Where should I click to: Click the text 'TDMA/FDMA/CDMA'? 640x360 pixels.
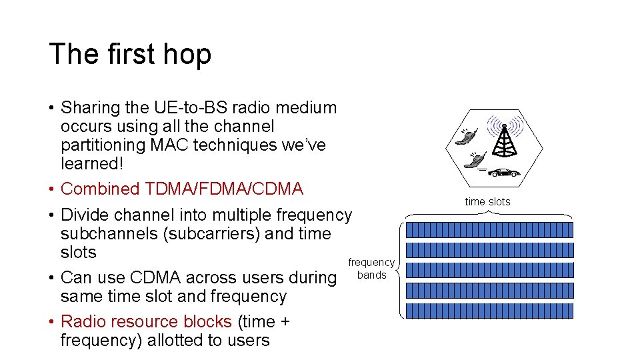(223, 189)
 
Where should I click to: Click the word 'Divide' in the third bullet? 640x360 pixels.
(85, 215)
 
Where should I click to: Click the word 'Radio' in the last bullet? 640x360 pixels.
(83, 322)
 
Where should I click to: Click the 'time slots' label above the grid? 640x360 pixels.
(487, 202)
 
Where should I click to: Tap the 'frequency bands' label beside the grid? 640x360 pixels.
(371, 269)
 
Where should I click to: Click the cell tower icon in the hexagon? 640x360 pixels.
(505, 139)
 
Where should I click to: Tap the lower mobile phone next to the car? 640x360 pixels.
(477, 161)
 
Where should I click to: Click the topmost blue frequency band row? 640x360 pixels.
(489, 230)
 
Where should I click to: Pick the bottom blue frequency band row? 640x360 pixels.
(489, 311)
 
